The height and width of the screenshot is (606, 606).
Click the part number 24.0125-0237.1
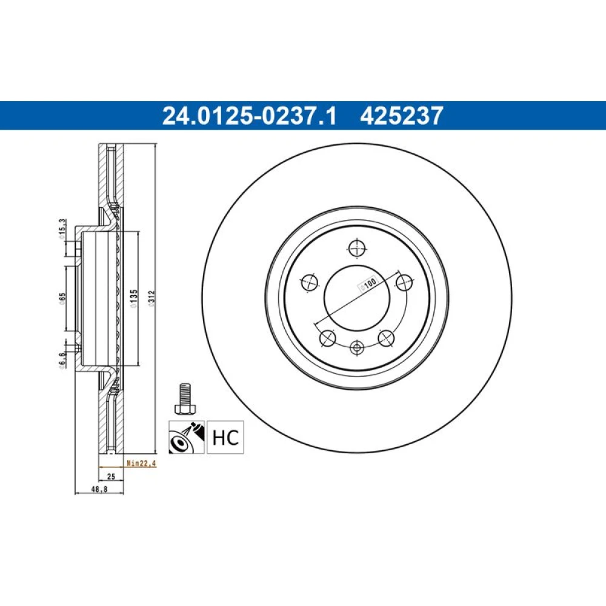click(x=249, y=116)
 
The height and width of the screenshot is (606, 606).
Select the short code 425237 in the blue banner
click(x=402, y=116)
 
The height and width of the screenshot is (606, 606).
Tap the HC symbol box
click(x=225, y=437)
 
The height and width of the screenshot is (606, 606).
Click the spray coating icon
click(x=186, y=437)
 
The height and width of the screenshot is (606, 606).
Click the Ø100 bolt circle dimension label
click(x=368, y=284)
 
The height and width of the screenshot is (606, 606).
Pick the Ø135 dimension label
click(x=133, y=298)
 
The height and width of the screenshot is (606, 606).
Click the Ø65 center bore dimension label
click(x=62, y=299)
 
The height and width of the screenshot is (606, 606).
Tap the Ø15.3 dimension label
click(x=62, y=230)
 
